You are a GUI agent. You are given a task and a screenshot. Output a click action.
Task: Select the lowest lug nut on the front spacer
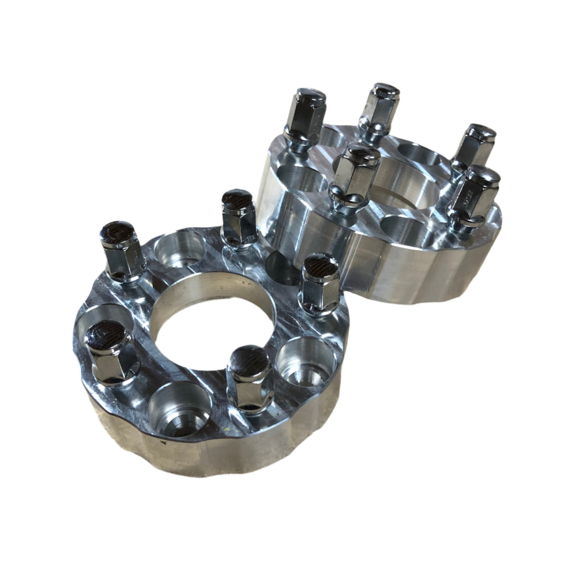(x=246, y=378)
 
